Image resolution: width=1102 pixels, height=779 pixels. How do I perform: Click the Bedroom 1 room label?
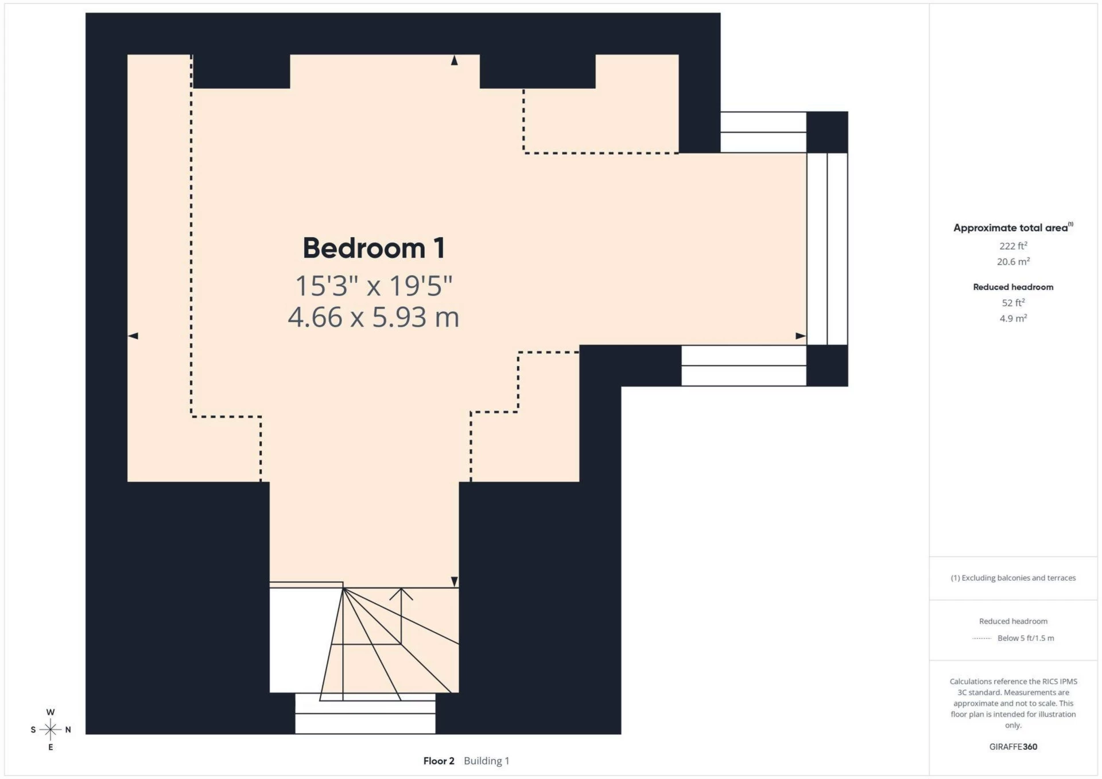(374, 248)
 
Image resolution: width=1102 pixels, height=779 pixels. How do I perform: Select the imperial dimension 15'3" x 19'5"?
(374, 285)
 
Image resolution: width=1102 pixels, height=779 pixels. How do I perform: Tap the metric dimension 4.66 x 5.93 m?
(374, 317)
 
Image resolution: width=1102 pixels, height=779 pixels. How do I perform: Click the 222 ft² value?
(1012, 246)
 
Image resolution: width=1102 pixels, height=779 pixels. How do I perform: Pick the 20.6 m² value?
(1012, 262)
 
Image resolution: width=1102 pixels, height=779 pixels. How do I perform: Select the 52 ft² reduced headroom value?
(1012, 302)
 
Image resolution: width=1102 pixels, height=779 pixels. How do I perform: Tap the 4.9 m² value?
(1012, 318)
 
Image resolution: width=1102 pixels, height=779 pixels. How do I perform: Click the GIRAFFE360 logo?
(1012, 746)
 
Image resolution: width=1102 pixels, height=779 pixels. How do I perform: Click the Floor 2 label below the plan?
(439, 761)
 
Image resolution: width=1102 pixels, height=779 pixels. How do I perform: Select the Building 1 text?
(486, 761)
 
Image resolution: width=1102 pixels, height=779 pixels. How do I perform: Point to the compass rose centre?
(51, 730)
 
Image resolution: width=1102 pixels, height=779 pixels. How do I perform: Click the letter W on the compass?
(51, 712)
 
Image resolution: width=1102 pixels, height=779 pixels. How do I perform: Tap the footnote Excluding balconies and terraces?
(1012, 578)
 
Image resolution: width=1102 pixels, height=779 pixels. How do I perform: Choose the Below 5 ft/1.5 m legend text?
(1025, 638)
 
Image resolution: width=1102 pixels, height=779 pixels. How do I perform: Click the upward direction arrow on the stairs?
(401, 594)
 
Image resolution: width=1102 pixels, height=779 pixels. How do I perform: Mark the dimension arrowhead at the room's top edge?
(454, 60)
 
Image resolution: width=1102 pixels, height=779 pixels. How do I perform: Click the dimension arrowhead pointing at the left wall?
(133, 336)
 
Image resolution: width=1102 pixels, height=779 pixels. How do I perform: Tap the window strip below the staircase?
(365, 714)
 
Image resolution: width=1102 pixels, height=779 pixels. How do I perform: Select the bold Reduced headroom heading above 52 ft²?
(1012, 287)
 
